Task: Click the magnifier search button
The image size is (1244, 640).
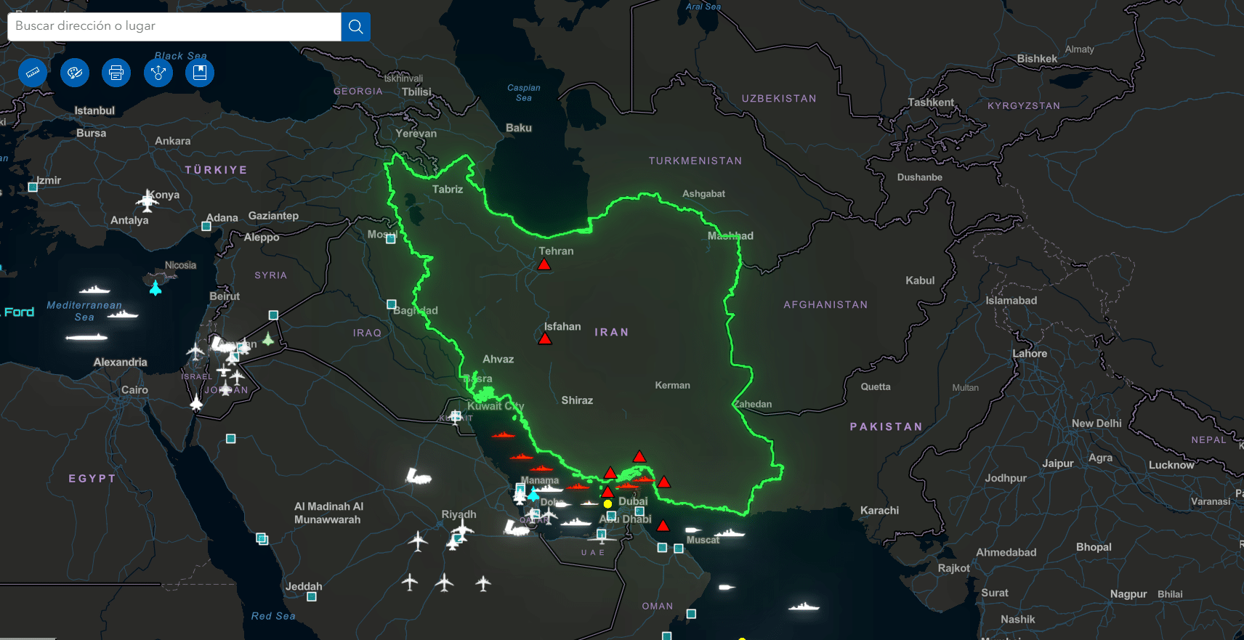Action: point(355,27)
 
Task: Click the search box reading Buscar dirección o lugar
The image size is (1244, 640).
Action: point(174,27)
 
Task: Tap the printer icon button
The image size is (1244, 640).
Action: point(116,73)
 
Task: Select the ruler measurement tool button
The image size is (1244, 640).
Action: point(33,73)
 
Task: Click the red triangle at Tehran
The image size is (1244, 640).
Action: point(544,264)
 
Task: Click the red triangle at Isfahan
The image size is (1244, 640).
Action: point(544,339)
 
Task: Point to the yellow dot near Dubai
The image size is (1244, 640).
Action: point(607,503)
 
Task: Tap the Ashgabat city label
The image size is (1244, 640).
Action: point(703,194)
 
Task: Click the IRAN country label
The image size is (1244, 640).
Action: point(611,332)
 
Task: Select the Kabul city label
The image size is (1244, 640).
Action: point(920,280)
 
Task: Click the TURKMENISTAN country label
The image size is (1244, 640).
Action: point(695,161)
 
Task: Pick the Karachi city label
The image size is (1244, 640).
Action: point(879,511)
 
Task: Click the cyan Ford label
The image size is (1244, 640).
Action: point(19,312)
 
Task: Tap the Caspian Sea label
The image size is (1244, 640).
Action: point(523,92)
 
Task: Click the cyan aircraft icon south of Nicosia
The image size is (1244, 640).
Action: point(155,288)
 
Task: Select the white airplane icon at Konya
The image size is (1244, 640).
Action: point(148,200)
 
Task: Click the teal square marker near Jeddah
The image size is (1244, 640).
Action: point(312,596)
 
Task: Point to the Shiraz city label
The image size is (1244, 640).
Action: point(577,400)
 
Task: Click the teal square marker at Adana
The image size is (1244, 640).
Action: point(206,226)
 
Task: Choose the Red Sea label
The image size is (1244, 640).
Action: point(273,616)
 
